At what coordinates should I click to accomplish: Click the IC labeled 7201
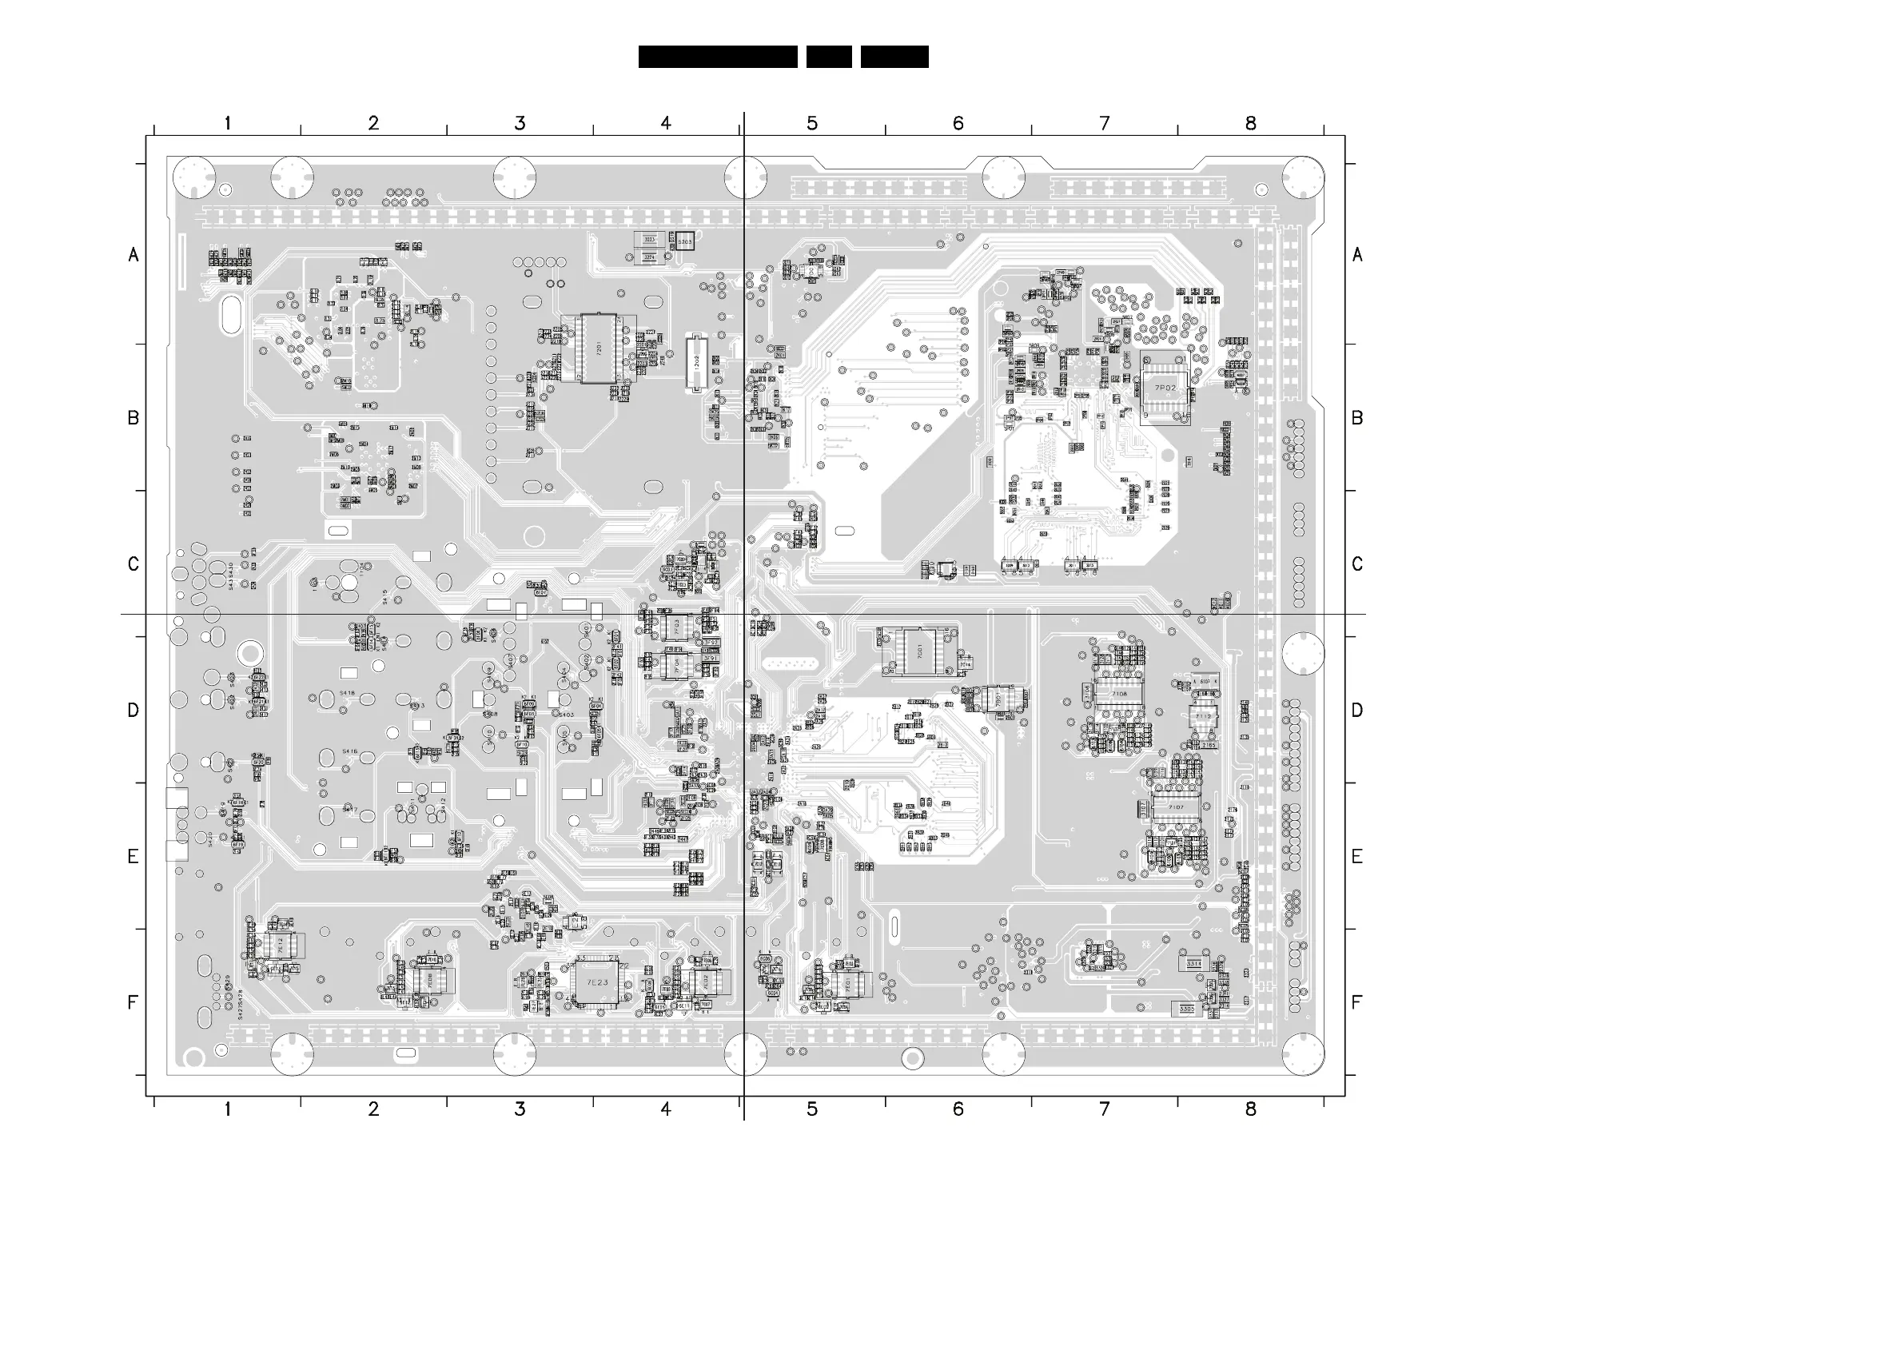(598, 348)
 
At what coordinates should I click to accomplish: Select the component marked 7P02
(1165, 388)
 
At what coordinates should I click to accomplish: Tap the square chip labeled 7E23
(597, 982)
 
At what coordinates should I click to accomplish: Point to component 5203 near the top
(684, 241)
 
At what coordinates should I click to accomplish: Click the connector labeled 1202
(695, 361)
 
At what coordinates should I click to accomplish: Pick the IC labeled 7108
(1119, 694)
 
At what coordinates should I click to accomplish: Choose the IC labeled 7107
(1176, 807)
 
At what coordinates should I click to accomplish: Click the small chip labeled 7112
(1203, 715)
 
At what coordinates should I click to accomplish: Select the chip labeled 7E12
(281, 945)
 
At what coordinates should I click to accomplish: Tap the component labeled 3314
(1193, 964)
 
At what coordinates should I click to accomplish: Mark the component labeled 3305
(1187, 1009)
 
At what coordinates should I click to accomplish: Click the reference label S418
(347, 692)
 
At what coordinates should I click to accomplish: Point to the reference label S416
(349, 751)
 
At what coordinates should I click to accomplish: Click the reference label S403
(566, 714)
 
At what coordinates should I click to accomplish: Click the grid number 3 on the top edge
(520, 124)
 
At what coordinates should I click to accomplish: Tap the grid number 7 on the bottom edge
(1105, 1109)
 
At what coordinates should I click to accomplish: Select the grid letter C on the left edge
(133, 564)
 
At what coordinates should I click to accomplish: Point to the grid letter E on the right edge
(1356, 857)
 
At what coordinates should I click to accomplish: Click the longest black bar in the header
(717, 57)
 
